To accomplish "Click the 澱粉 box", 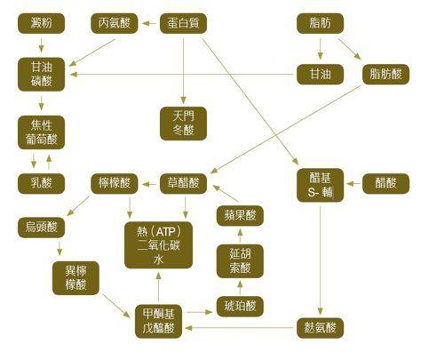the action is pyautogui.click(x=41, y=23).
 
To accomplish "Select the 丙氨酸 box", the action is pyautogui.click(x=115, y=23).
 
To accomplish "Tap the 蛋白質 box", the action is pyautogui.click(x=183, y=23).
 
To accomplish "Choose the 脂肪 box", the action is pyautogui.click(x=320, y=23).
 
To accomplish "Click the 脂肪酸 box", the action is pyautogui.click(x=385, y=74).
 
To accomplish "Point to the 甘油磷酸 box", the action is pyautogui.click(x=41, y=74).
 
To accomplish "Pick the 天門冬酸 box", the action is pyautogui.click(x=183, y=124).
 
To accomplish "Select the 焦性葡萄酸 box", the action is pyautogui.click(x=41, y=132).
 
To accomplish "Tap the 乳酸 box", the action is pyautogui.click(x=41, y=183).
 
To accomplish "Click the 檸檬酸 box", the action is pyautogui.click(x=115, y=183).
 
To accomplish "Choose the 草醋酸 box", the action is pyautogui.click(x=183, y=183).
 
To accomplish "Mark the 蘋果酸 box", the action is pyautogui.click(x=240, y=215).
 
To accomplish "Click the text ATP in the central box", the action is pyautogui.click(x=165, y=231).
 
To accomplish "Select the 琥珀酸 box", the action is pyautogui.click(x=240, y=306).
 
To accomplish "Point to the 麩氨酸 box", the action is pyautogui.click(x=320, y=328).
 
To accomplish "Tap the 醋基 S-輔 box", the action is pyautogui.click(x=320, y=185).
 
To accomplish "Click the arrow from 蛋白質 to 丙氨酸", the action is pyautogui.click(x=149, y=23).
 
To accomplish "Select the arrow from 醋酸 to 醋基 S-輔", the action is pyautogui.click(x=353, y=184).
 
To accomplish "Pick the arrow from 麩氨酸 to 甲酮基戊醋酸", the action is pyautogui.click(x=239, y=328).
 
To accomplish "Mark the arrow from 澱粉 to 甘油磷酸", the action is pyautogui.click(x=41, y=45).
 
